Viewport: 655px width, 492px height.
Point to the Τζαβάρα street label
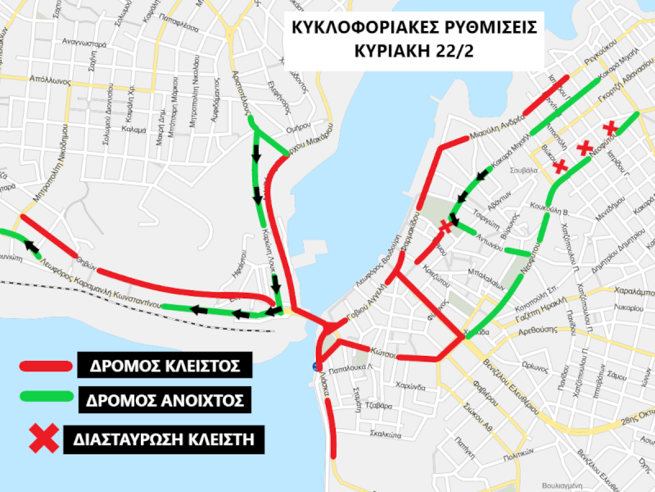coord(378,406)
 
